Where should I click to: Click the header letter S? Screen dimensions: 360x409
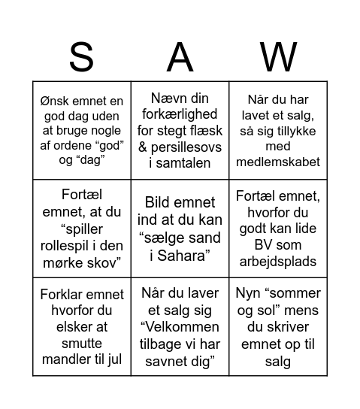pyautogui.click(x=81, y=57)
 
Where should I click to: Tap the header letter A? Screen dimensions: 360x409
pyautogui.click(x=180, y=57)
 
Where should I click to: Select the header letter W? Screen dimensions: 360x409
pyautogui.click(x=278, y=57)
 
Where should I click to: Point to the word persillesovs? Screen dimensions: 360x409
pyautogui.click(x=189, y=147)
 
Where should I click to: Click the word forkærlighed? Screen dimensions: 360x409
pyautogui.click(x=180, y=114)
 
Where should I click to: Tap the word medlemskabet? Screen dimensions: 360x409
pyautogui.click(x=278, y=162)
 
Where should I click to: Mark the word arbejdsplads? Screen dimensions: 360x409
pyautogui.click(x=278, y=261)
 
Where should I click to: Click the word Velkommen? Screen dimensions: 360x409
pyautogui.click(x=180, y=327)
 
